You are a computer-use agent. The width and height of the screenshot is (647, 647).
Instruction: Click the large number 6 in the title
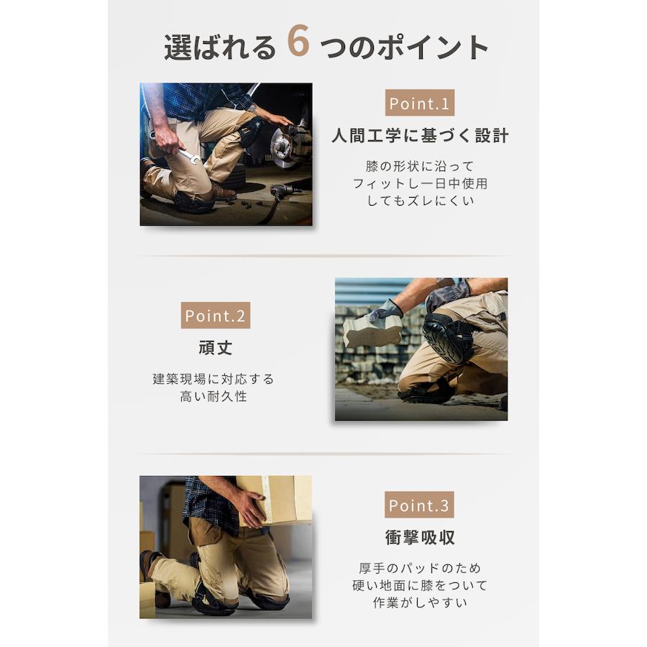[298, 40]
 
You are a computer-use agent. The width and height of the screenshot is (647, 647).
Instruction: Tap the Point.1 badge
[420, 103]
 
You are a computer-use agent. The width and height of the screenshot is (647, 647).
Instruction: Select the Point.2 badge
[216, 316]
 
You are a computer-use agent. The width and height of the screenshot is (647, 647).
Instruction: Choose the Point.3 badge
[419, 505]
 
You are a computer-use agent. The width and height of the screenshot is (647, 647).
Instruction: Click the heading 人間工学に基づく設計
[420, 136]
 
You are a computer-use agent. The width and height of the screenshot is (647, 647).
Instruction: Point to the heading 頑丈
[216, 348]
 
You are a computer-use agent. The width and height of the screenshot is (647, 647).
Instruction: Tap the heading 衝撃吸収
[420, 537]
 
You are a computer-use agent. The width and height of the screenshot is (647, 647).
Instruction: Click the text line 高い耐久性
[214, 396]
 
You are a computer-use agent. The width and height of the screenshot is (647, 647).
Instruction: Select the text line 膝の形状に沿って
[420, 166]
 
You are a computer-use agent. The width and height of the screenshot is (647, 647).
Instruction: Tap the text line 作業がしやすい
[420, 602]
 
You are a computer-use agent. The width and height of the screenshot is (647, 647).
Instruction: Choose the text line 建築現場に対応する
[214, 379]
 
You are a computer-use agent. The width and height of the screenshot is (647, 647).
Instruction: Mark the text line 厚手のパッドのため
[420, 568]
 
